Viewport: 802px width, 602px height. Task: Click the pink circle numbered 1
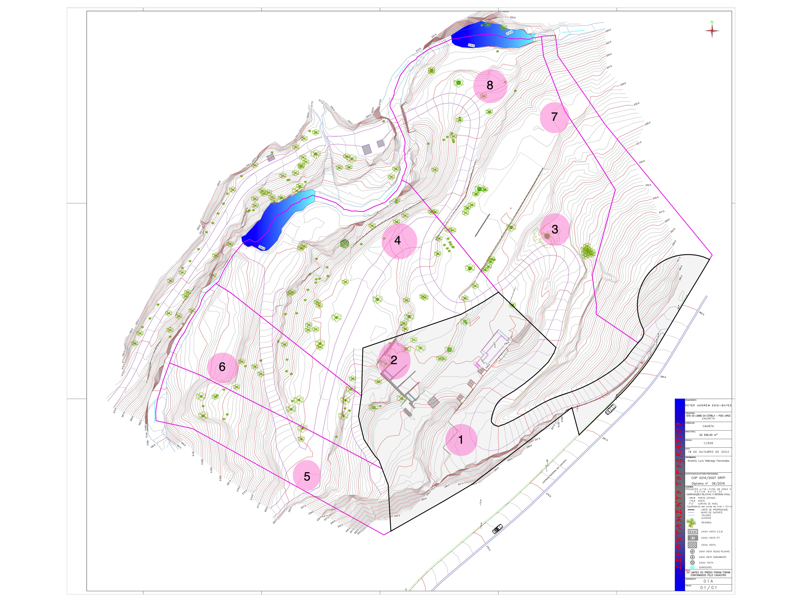pyautogui.click(x=461, y=440)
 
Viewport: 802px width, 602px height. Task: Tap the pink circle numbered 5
pyautogui.click(x=307, y=476)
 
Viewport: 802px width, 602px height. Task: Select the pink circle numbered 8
pyautogui.click(x=490, y=86)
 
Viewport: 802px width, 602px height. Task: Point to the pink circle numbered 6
pyautogui.click(x=222, y=367)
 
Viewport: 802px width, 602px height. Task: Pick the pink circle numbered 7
pyautogui.click(x=554, y=117)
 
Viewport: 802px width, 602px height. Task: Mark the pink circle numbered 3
pyautogui.click(x=555, y=229)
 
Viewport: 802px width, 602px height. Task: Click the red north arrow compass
pyautogui.click(x=712, y=31)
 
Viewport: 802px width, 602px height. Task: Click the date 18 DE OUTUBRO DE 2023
pyautogui.click(x=708, y=452)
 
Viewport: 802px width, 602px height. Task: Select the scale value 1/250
pyautogui.click(x=708, y=443)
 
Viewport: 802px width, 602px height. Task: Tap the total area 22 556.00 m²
pyautogui.click(x=708, y=435)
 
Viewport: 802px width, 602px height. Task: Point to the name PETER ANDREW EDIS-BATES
pyautogui.click(x=708, y=405)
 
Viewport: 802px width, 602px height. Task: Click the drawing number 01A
pyautogui.click(x=708, y=581)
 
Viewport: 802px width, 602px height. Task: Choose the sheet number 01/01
pyautogui.click(x=708, y=588)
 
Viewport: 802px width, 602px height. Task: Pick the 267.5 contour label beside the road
pyautogui.click(x=605, y=439)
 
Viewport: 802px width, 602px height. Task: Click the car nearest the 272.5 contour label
pyautogui.click(x=498, y=528)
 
